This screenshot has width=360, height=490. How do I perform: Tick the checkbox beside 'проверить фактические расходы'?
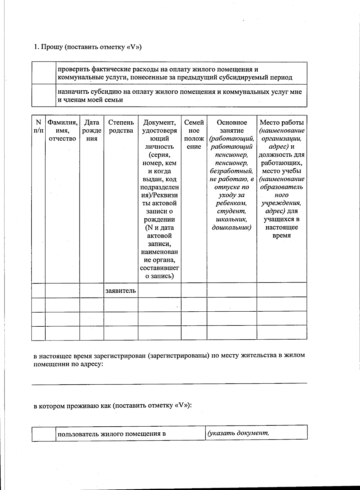(x=44, y=73)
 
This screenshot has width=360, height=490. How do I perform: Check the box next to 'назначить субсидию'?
(x=44, y=95)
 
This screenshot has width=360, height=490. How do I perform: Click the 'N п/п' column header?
(x=38, y=126)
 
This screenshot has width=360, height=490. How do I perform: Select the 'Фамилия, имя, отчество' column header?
(x=62, y=130)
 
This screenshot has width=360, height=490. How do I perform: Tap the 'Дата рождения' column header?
(x=92, y=130)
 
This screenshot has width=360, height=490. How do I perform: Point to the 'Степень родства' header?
(x=121, y=126)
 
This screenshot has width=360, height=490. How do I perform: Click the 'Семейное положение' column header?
(x=194, y=134)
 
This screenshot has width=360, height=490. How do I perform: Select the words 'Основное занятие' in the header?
(x=232, y=126)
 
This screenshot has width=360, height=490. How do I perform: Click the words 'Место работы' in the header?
(x=282, y=122)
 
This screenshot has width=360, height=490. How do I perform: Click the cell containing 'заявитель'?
(x=121, y=291)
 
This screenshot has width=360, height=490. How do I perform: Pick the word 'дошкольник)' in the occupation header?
(x=232, y=227)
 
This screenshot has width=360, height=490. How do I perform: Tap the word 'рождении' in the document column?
(x=159, y=219)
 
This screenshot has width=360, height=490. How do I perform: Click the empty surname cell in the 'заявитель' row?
(x=62, y=291)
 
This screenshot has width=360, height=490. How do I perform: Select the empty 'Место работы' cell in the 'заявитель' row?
(x=282, y=291)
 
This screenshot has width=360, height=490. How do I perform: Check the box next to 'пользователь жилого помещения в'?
(x=44, y=434)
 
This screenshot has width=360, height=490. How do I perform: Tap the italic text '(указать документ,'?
(x=238, y=433)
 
